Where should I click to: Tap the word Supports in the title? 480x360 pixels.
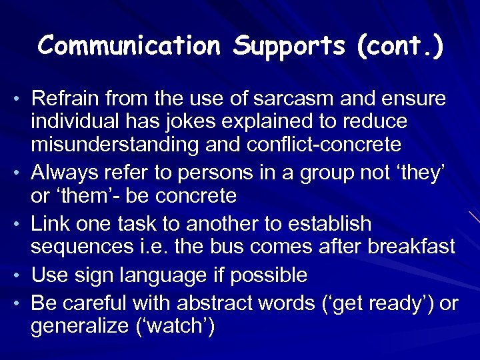click(290, 46)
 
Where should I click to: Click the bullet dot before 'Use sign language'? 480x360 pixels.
click(17, 275)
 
